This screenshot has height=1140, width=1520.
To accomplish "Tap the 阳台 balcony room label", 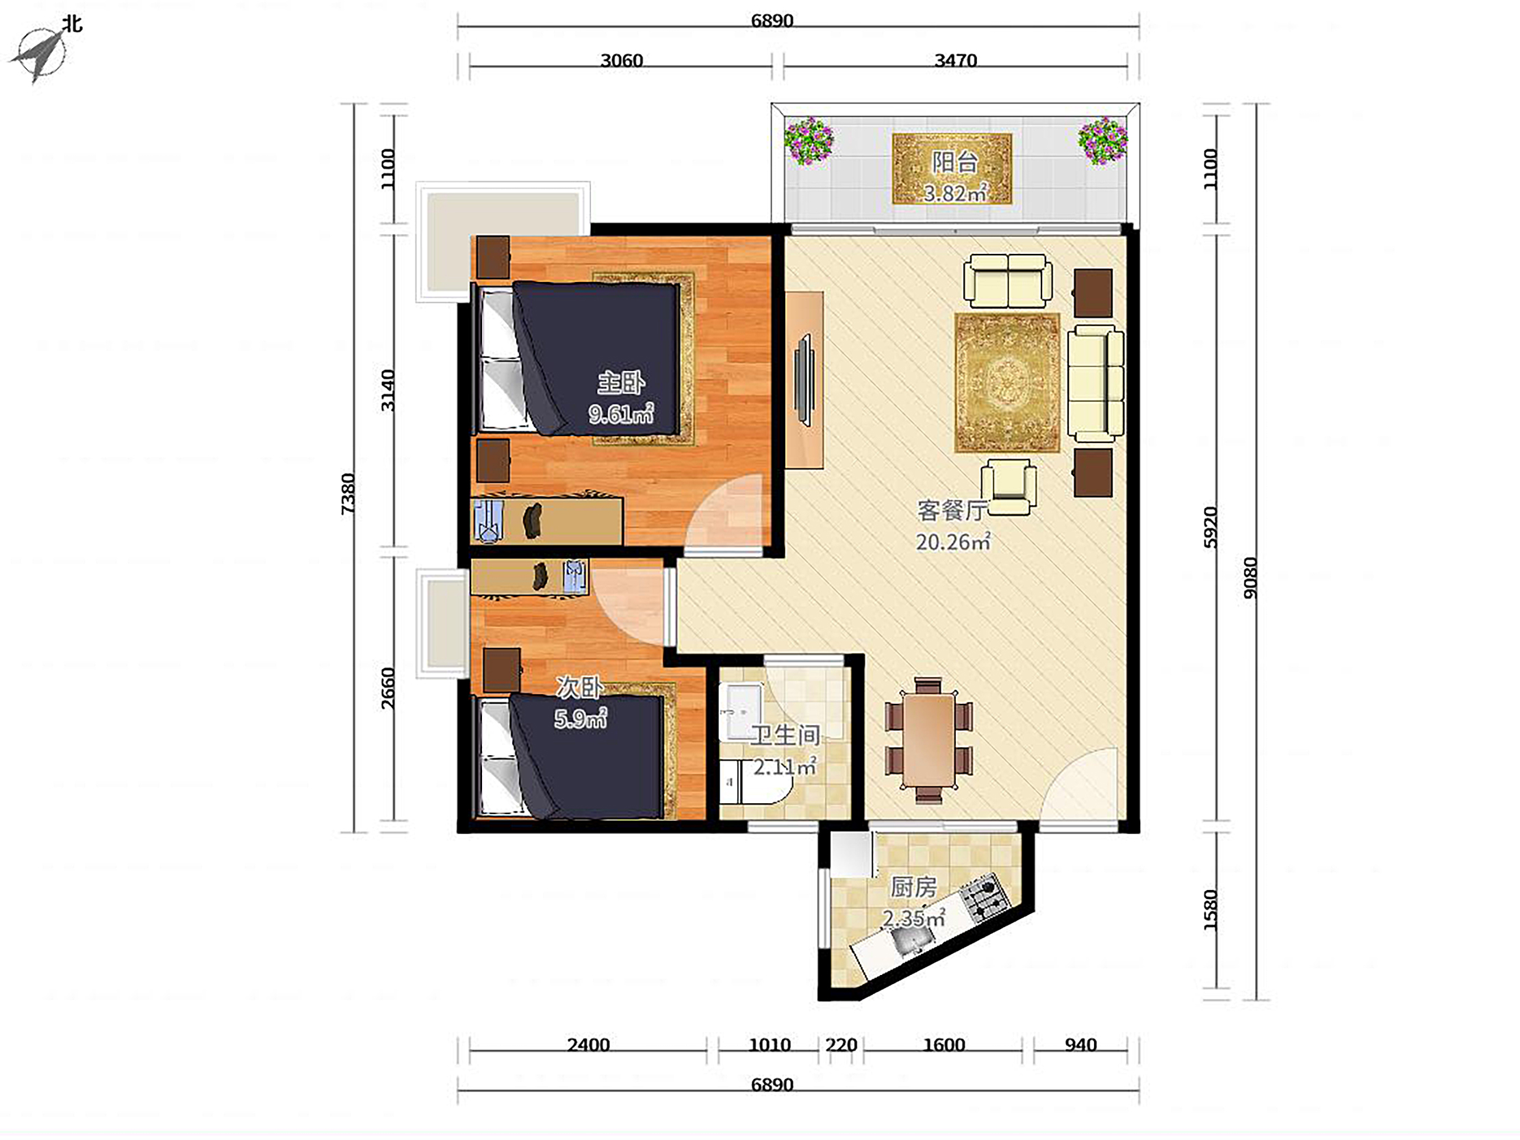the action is tap(954, 162).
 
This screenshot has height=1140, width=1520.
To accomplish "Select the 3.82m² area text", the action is tap(954, 193).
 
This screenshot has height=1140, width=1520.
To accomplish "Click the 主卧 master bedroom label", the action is tap(620, 383).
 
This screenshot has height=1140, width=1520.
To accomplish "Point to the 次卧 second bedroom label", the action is tap(579, 687).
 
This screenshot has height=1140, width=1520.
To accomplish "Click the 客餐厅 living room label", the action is tap(952, 511).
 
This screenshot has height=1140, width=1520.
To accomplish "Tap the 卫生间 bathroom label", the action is tap(785, 735).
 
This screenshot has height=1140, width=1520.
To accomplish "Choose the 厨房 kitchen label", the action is tap(913, 887).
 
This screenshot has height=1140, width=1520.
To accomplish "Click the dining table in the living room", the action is tap(928, 740).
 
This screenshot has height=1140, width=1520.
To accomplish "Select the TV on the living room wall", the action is tap(803, 380).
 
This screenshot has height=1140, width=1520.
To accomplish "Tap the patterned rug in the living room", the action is tap(1006, 383).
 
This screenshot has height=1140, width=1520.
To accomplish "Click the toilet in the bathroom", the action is tap(752, 782).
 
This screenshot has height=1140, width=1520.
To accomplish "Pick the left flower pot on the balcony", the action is tap(809, 141).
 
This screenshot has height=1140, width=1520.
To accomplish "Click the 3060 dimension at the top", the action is tap(621, 60).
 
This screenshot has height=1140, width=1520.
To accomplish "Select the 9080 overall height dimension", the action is tap(1250, 577).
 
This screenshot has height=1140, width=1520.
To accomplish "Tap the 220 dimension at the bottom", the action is tap(841, 1046).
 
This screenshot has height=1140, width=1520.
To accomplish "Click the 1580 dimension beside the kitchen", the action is tap(1210, 911).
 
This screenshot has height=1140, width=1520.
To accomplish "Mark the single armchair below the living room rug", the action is tap(1008, 487).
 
